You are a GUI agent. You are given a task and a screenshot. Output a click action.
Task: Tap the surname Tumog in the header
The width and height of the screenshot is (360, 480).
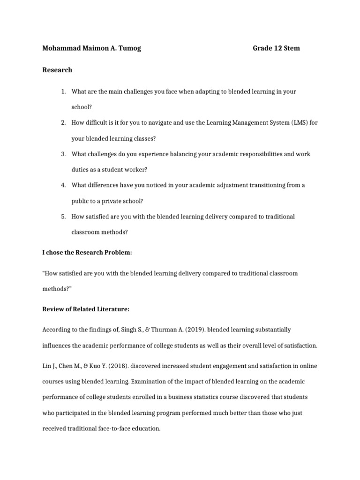[x=128, y=48]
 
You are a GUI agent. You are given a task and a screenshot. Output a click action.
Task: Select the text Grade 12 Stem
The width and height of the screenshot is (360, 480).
[x=276, y=48]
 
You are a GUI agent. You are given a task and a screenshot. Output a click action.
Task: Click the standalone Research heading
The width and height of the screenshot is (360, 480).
[x=57, y=70]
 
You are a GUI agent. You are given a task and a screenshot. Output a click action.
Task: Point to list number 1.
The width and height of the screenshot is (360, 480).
[x=63, y=91]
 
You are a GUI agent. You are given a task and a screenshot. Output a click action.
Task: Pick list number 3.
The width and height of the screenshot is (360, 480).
[x=63, y=154]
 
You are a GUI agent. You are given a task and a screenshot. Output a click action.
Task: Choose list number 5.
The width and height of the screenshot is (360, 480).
[x=63, y=216]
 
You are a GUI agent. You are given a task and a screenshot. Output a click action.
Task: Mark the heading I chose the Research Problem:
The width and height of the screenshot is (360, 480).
[x=87, y=253]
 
